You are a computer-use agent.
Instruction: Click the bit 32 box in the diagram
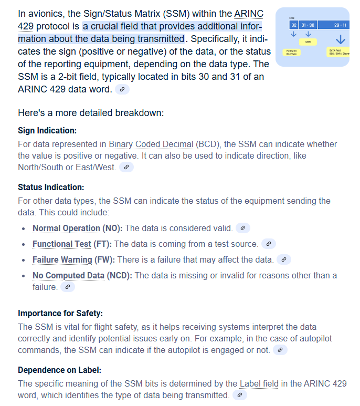point(294,25)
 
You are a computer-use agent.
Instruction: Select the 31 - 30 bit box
point(308,25)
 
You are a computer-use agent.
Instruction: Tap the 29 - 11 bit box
point(339,25)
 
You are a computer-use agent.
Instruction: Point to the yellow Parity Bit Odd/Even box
point(291,52)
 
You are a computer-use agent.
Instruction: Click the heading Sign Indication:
point(47,130)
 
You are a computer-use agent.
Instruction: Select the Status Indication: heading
point(50,187)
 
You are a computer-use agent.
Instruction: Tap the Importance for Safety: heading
point(60,314)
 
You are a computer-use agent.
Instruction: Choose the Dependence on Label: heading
point(59,369)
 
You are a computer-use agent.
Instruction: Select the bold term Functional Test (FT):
point(72,244)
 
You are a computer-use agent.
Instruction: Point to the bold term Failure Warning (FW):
point(73,259)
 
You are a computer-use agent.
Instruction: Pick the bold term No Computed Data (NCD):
point(83,275)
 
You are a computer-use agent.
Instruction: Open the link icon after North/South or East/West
point(126,167)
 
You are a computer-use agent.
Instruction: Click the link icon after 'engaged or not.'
point(281,350)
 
